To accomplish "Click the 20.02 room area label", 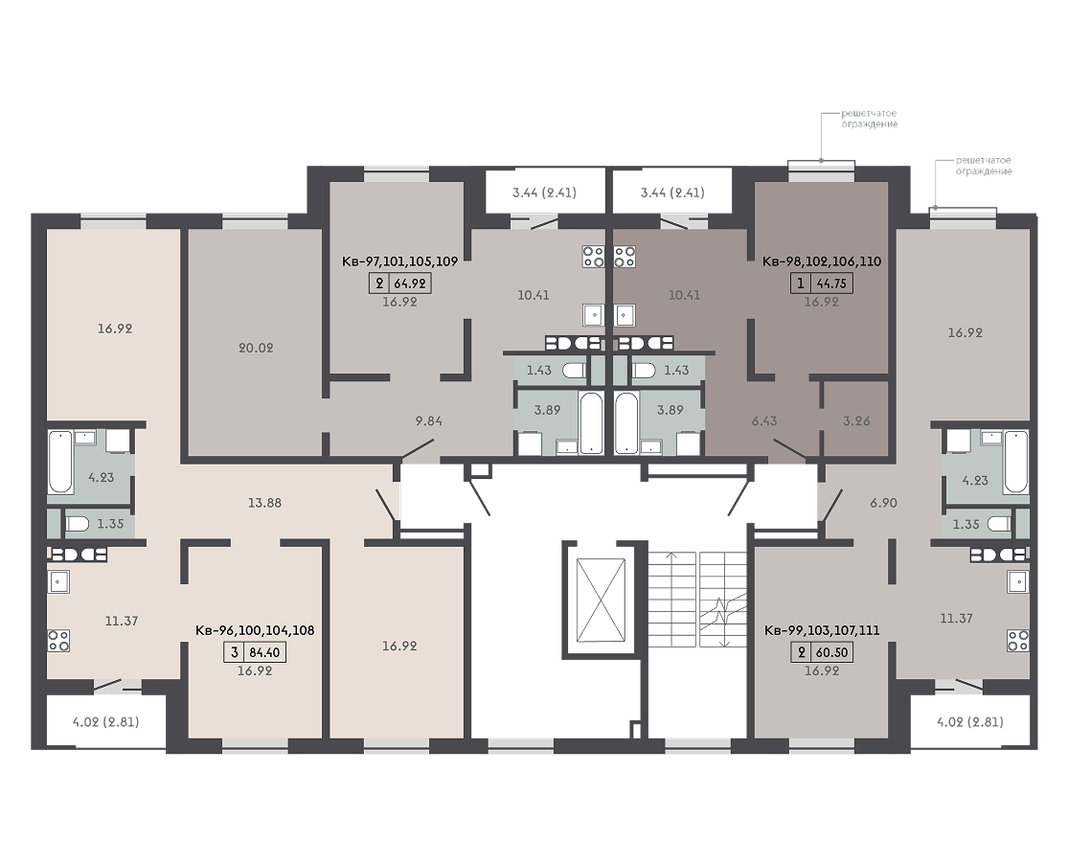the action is point(256,348).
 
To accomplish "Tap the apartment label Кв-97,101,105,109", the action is point(399,261).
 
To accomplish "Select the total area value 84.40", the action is point(264,652).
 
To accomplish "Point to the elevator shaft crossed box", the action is point(600,600).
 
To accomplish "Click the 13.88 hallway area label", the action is point(265,503).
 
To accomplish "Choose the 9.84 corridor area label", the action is point(429,420).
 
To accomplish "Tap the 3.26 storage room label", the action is point(856,420).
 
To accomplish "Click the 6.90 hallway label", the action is point(883,503).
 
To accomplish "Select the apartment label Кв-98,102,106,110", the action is point(822,261).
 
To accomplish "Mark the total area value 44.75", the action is point(831,284).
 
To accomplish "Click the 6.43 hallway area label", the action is point(764,420).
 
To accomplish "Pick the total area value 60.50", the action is point(831,652).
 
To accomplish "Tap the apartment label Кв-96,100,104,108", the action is point(255,630).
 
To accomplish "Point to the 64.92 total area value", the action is point(410,284).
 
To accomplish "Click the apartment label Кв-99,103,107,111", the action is point(822,630).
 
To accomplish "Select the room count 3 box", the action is point(235,652).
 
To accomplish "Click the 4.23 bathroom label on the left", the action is point(102,477).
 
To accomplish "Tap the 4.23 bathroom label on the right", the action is point(975,480).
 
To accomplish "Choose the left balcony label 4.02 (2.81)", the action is point(105,721).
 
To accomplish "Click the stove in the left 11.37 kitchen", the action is point(58,640).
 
